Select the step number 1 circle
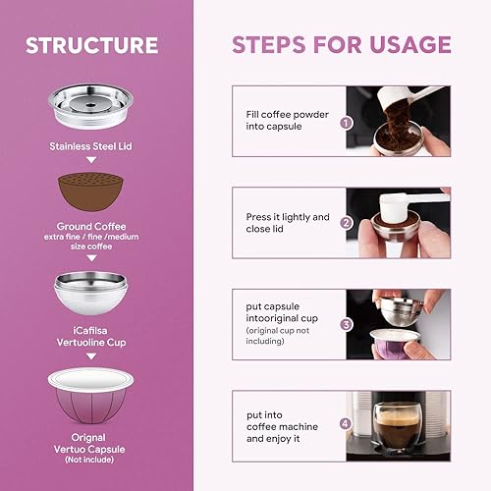346,123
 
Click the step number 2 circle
346,222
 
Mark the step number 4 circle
346,425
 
